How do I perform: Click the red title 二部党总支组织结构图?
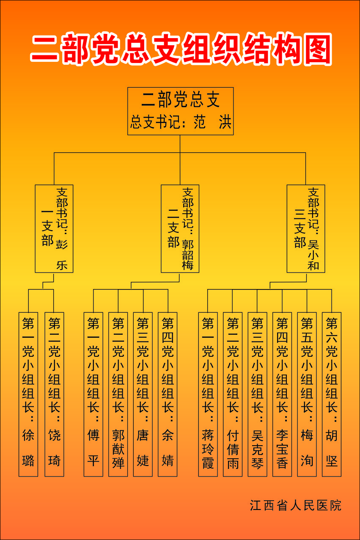pos(181,49)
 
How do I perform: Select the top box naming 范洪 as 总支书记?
pos(181,111)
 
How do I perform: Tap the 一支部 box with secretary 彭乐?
pos(54,229)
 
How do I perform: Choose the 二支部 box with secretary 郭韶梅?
pos(180,229)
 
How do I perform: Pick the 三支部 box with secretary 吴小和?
pos(306,229)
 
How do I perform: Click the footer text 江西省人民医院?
pos(295,505)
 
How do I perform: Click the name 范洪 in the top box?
pos(212,123)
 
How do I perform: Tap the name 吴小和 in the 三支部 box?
pos(313,255)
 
